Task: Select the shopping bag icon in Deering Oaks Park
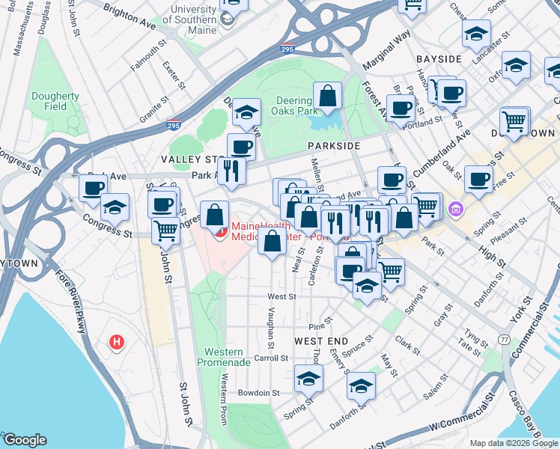pyautogui.click(x=327, y=97)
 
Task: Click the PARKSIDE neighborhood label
pyautogui.click(x=332, y=146)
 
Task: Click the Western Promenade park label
pyautogui.click(x=224, y=357)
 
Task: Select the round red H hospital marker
pyautogui.click(x=116, y=343)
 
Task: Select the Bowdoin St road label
pyautogui.click(x=258, y=392)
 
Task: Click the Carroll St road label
pyautogui.click(x=271, y=358)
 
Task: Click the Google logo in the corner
pyautogui.click(x=25, y=440)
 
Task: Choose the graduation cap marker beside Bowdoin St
pyautogui.click(x=308, y=379)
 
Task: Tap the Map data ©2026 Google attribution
pyautogui.click(x=513, y=443)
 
